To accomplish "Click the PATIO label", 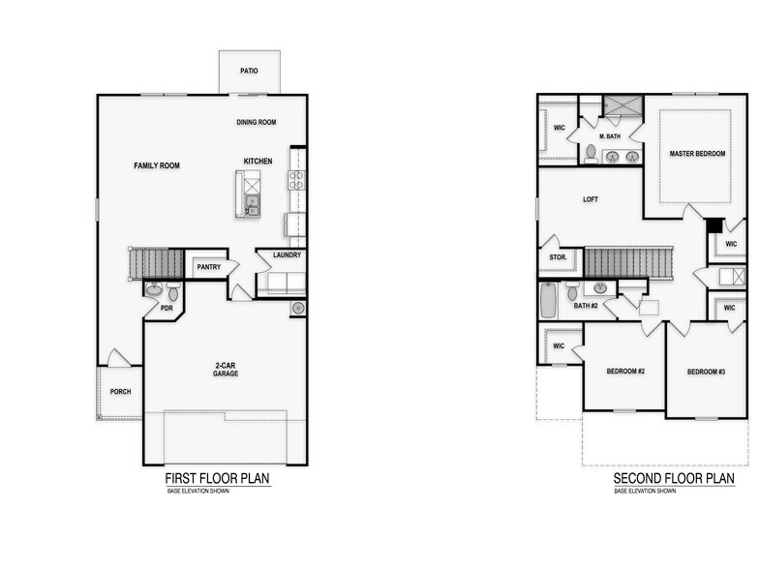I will tap(249, 71).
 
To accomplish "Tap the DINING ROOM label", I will tap(257, 122).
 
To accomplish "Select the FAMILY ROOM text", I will tap(157, 165).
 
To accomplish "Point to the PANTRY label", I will tap(208, 266).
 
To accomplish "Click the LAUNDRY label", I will tap(287, 255).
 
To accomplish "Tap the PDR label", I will tap(167, 309).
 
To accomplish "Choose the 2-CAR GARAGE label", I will tap(227, 369).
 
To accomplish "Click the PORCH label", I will tap(120, 392).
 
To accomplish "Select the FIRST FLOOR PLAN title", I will tap(217, 478).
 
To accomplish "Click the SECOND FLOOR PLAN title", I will tap(674, 478).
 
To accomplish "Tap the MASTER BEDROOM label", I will tap(697, 154).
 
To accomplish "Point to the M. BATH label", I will tap(610, 136).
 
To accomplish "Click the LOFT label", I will tap(591, 199).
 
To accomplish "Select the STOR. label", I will tap(558, 258).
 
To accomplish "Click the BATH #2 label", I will tap(587, 306).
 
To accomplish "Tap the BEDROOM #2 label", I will tap(625, 372).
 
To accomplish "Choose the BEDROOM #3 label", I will tap(707, 372).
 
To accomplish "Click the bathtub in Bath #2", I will tap(548, 300).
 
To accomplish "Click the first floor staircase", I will tap(157, 263).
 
